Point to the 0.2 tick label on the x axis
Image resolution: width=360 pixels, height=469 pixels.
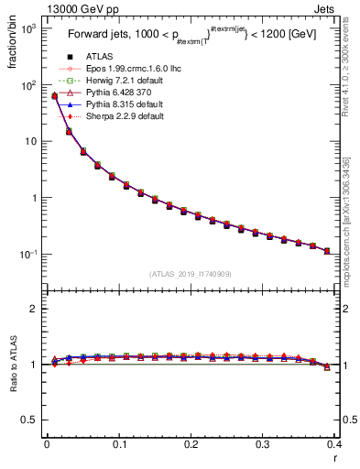pos(191,444)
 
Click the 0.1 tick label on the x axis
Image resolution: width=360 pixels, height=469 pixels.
pos(119,444)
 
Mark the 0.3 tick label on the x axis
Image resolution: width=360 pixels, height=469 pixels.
pos(263,444)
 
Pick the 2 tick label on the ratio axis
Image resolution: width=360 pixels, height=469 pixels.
pos(36,309)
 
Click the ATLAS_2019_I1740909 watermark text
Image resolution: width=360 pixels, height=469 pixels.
pos(191,274)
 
